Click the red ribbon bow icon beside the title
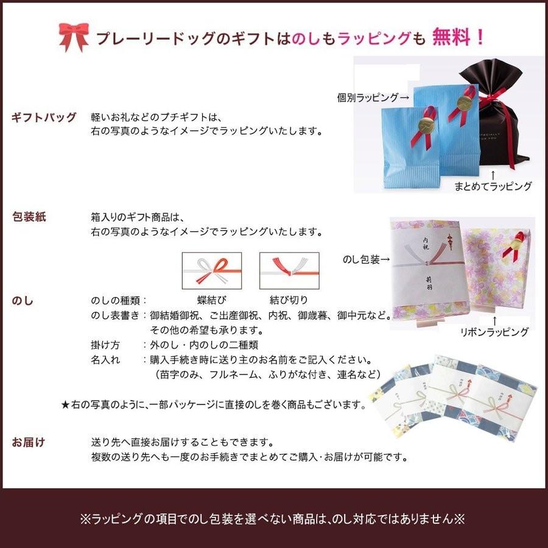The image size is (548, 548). (x=74, y=38)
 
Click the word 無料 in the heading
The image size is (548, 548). (x=451, y=38)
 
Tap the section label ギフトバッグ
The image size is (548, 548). (x=44, y=118)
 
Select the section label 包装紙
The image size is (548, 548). (x=29, y=217)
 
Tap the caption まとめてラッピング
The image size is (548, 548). (x=493, y=186)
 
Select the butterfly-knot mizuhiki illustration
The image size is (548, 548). (x=212, y=270)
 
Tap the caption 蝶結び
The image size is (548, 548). (x=212, y=300)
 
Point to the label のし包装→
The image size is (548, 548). (x=365, y=260)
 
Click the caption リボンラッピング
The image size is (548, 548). (x=494, y=332)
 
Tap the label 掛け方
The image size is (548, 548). (x=105, y=345)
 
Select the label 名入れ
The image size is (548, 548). (x=105, y=359)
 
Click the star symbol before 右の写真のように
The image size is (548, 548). (x=66, y=404)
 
